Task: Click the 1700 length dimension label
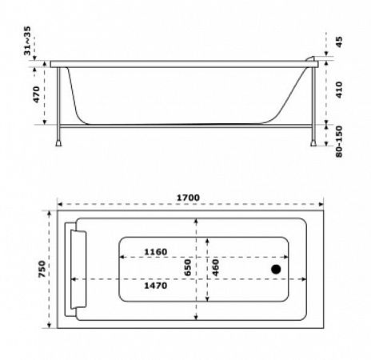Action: (x=188, y=198)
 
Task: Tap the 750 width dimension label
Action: (x=42, y=269)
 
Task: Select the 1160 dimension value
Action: (x=156, y=252)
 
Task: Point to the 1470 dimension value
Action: (x=156, y=286)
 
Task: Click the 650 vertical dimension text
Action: (x=188, y=267)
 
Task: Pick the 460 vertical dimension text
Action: (x=215, y=267)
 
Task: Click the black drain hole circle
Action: (x=276, y=270)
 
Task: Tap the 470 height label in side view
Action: (x=36, y=94)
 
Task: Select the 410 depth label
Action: (x=339, y=90)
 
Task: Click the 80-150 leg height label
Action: (x=339, y=142)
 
